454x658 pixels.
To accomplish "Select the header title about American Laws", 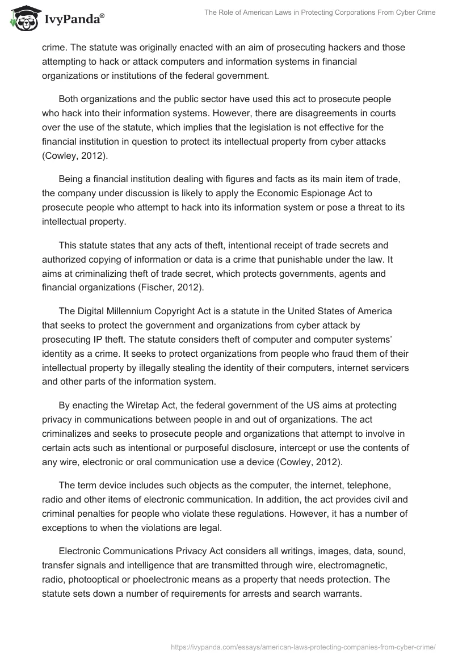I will click(321, 12).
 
